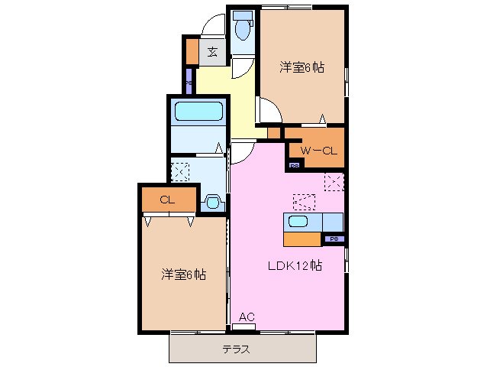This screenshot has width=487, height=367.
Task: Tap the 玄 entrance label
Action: pyautogui.click(x=212, y=52)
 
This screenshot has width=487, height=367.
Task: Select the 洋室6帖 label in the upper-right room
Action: pyautogui.click(x=302, y=67)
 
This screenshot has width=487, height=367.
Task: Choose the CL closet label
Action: pyautogui.click(x=167, y=200)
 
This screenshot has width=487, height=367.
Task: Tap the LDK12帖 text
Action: pyautogui.click(x=293, y=267)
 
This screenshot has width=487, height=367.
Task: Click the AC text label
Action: pyautogui.click(x=246, y=317)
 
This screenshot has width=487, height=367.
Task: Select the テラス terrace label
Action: pyautogui.click(x=237, y=350)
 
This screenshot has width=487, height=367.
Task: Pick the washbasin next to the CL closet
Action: pyautogui.click(x=212, y=203)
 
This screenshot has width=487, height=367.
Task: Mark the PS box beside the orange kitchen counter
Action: pyautogui.click(x=333, y=239)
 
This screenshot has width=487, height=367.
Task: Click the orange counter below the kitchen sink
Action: pyautogui.click(x=302, y=239)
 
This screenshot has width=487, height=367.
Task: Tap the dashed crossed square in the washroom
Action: pyautogui.click(x=181, y=170)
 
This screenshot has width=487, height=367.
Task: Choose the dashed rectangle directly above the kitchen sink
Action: pyautogui.click(x=304, y=202)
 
